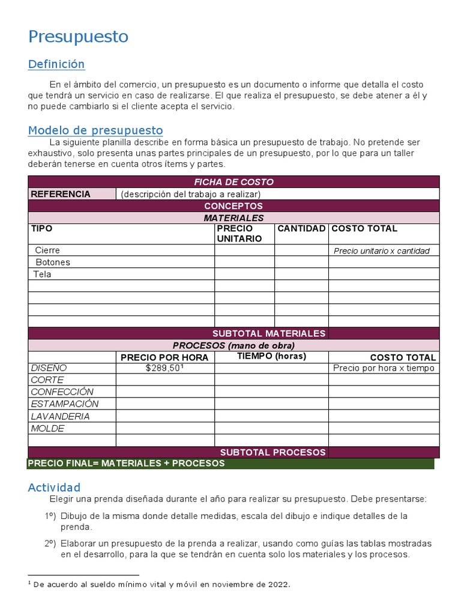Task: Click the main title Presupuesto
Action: pyautogui.click(x=78, y=37)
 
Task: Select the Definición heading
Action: pyautogui.click(x=56, y=64)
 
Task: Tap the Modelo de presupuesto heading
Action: pyautogui.click(x=95, y=130)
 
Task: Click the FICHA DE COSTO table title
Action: pyautogui.click(x=234, y=181)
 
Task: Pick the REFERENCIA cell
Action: pyautogui.click(x=61, y=194)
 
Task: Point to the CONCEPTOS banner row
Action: pyautogui.click(x=234, y=206)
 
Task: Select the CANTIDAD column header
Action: pyautogui.click(x=301, y=229)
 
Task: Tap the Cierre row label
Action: pyautogui.click(x=47, y=250)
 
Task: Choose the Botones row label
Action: pyautogui.click(x=53, y=262)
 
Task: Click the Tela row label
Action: pyautogui.click(x=43, y=274)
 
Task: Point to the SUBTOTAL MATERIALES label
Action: pyautogui.click(x=269, y=333)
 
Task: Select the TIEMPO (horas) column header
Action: pyautogui.click(x=271, y=356)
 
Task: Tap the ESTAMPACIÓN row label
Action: pyautogui.click(x=65, y=404)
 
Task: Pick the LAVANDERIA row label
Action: pyautogui.click(x=60, y=416)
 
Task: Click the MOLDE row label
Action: pyautogui.click(x=47, y=428)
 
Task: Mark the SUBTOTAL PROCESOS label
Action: pyautogui.click(x=273, y=452)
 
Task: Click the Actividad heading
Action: pyautogui.click(x=54, y=488)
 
